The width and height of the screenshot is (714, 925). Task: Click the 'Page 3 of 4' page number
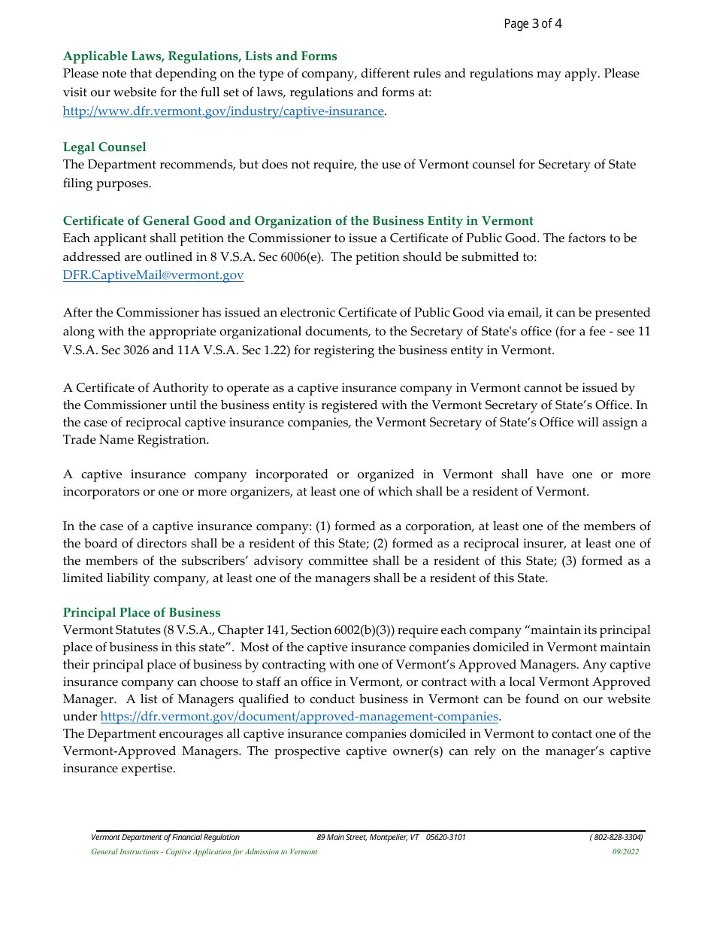pyautogui.click(x=532, y=24)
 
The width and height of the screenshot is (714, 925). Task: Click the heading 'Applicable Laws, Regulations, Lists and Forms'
pyautogui.click(x=200, y=56)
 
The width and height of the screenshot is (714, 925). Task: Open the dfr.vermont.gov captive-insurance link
pyautogui.click(x=223, y=111)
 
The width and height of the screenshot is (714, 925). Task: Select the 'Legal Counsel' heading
pyautogui.click(x=104, y=147)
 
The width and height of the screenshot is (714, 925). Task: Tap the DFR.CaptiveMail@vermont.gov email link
pyautogui.click(x=153, y=275)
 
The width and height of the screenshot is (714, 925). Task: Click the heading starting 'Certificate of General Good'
pyautogui.click(x=298, y=221)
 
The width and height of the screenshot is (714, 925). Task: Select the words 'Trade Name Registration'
pyautogui.click(x=136, y=440)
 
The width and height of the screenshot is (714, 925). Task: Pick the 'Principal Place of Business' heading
pyautogui.click(x=141, y=613)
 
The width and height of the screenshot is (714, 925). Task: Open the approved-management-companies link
pyautogui.click(x=299, y=717)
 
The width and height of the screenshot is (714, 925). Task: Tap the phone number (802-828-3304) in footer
pyautogui.click(x=616, y=837)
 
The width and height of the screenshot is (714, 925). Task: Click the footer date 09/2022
pyautogui.click(x=625, y=852)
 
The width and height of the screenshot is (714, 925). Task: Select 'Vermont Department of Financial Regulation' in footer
pyautogui.click(x=165, y=837)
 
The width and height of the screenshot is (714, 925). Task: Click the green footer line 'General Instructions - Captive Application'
pyautogui.click(x=204, y=852)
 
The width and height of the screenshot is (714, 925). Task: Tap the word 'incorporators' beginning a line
pyautogui.click(x=100, y=492)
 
